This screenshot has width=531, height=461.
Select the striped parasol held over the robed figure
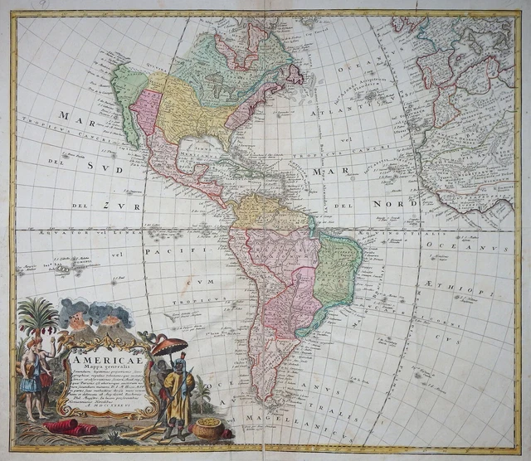tap(169, 345)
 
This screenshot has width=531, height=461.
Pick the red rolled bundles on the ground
tap(71, 426)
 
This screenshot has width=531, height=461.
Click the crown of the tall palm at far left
tap(38, 313)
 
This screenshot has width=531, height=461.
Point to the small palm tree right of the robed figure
tap(202, 395)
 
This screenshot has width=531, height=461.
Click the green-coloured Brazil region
tap(336, 269)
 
